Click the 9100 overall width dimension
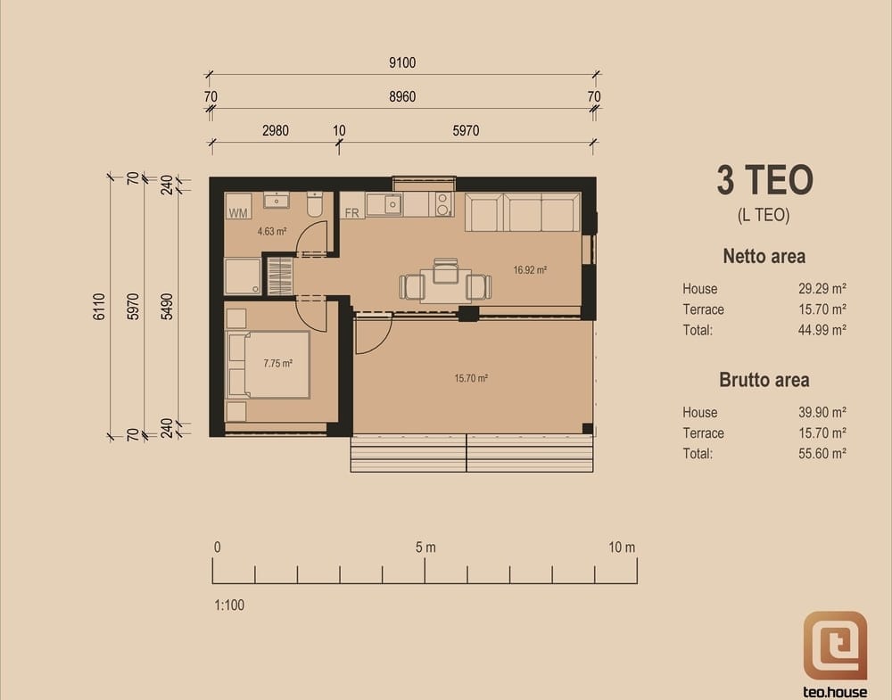click(x=402, y=62)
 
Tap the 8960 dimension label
click(x=402, y=96)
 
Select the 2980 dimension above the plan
click(x=276, y=131)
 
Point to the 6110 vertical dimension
click(x=99, y=307)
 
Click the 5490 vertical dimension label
click(x=167, y=307)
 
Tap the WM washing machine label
click(x=238, y=213)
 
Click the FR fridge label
click(x=352, y=213)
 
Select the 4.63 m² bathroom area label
click(x=271, y=232)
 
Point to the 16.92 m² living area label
click(x=530, y=270)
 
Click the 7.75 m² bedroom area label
click(x=277, y=363)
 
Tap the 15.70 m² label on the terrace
click(x=471, y=378)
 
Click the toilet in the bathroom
click(x=315, y=204)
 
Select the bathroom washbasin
click(x=277, y=200)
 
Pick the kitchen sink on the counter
click(x=392, y=204)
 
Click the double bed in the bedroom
click(x=268, y=365)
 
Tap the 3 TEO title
click(x=764, y=180)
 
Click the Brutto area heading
click(x=764, y=380)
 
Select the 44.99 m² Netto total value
click(x=822, y=330)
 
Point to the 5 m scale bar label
click(x=425, y=548)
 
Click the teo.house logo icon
click(x=835, y=646)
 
